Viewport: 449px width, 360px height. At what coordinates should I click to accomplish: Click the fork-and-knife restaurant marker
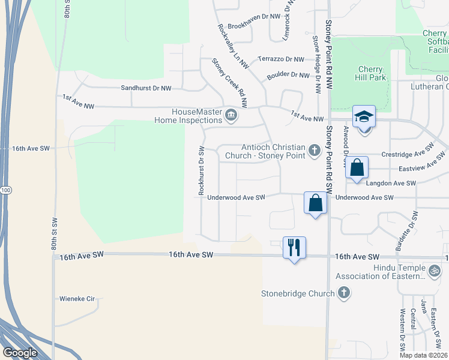click(x=294, y=247)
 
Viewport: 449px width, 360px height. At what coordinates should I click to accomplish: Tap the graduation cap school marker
click(x=364, y=116)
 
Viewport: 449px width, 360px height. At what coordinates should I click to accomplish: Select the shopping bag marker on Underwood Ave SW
click(x=316, y=203)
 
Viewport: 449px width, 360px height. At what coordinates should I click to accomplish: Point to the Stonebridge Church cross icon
click(x=343, y=293)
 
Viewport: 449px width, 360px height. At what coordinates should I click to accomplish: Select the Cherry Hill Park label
click(x=371, y=73)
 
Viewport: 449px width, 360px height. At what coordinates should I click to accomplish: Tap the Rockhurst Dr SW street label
click(x=202, y=170)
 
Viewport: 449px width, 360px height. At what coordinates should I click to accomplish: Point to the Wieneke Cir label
click(x=77, y=298)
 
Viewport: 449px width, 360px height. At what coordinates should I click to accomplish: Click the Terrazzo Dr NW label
click(x=282, y=59)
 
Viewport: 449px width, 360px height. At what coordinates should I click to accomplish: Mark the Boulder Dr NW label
click(x=288, y=75)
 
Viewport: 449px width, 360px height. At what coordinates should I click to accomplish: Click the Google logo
click(x=20, y=353)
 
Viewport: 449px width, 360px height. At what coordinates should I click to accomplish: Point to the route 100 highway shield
click(x=5, y=190)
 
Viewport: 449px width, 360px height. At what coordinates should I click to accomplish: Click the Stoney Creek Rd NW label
click(x=229, y=82)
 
